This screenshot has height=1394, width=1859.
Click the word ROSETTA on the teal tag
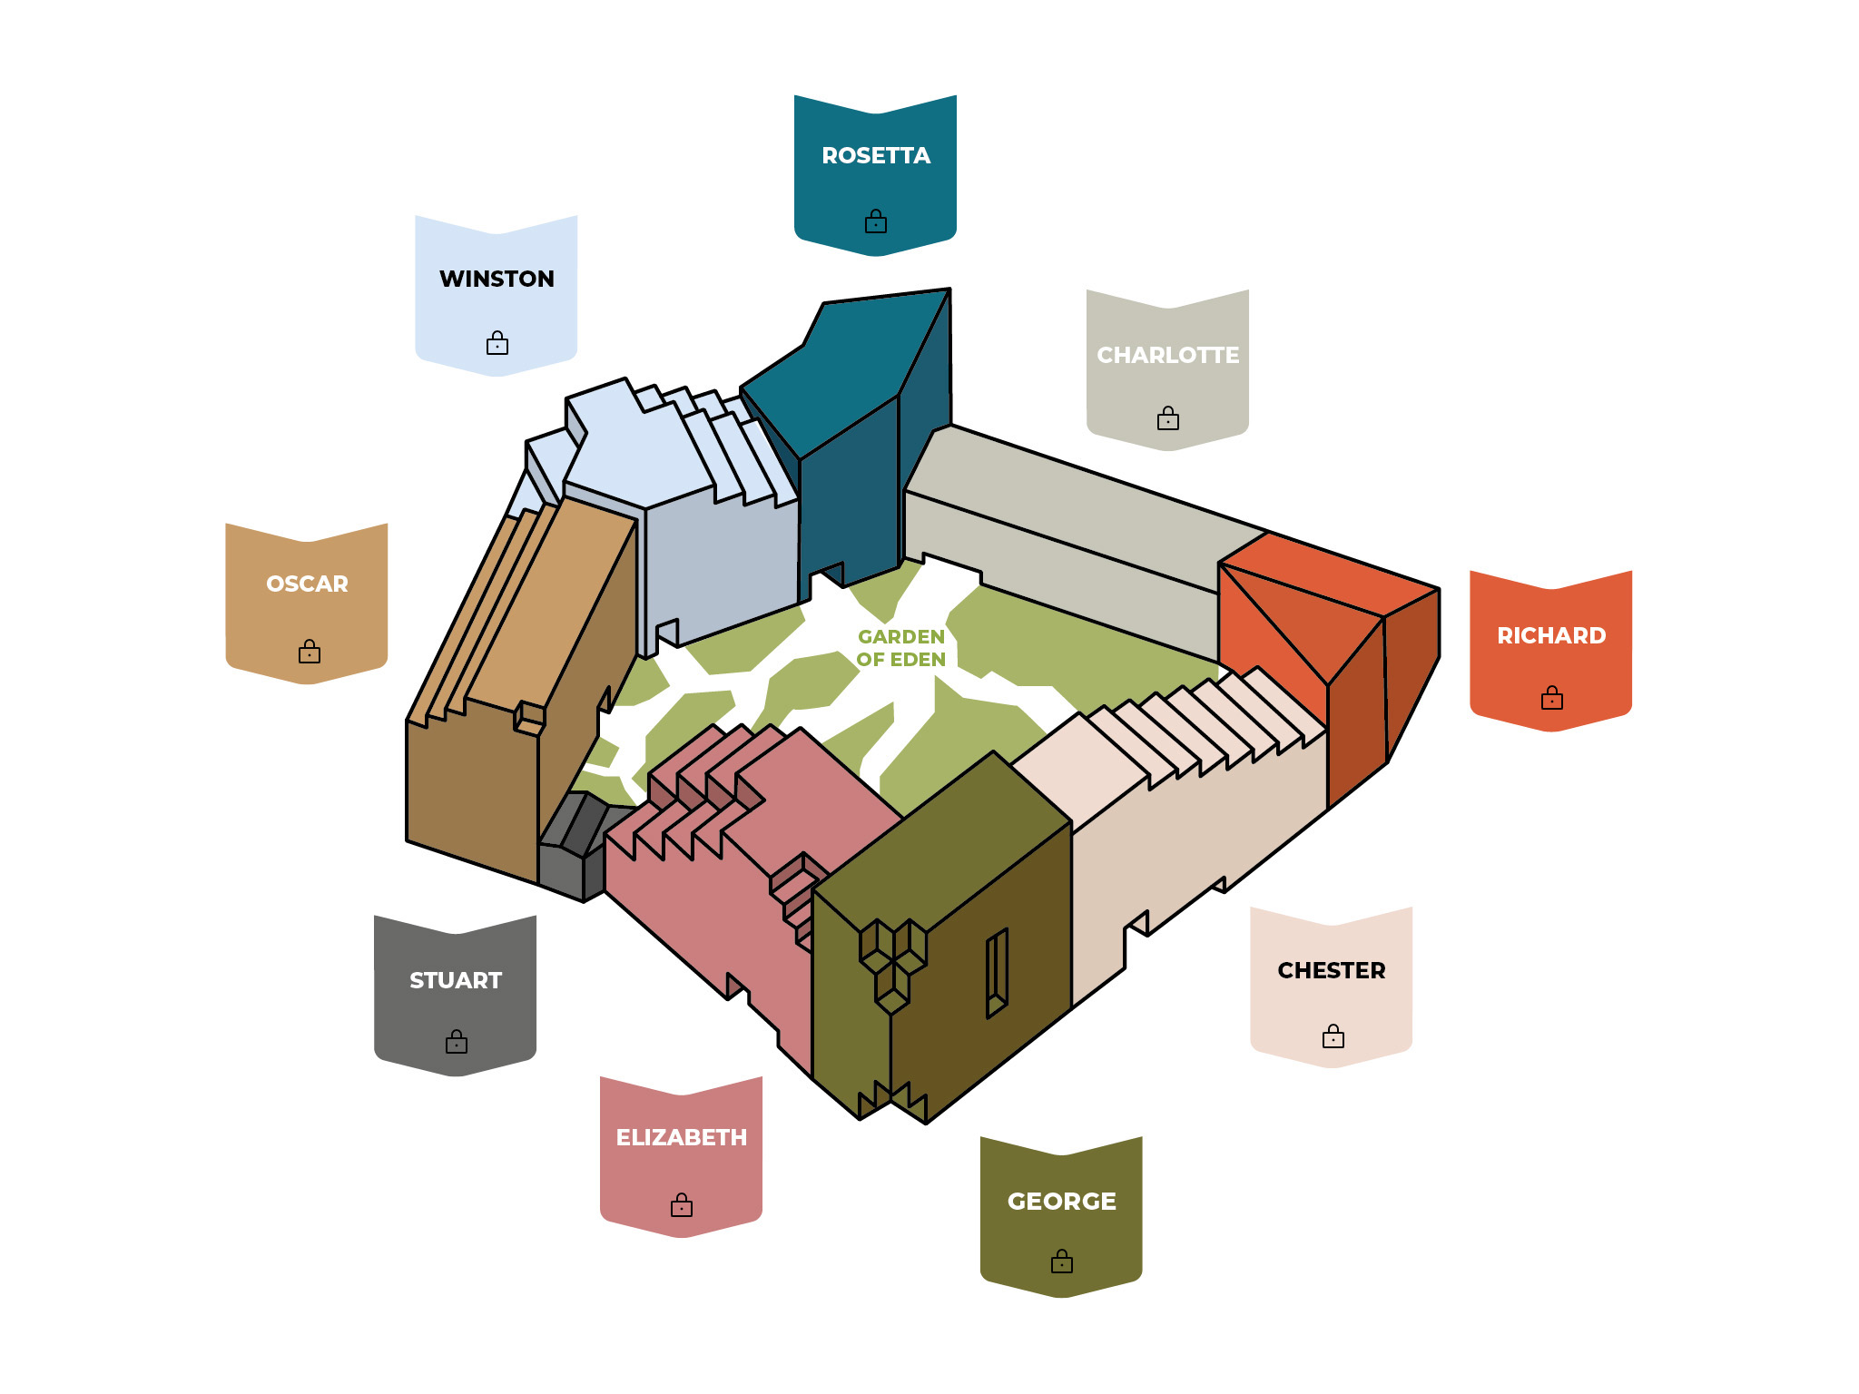pos(876,156)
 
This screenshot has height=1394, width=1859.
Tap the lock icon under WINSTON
pos(497,342)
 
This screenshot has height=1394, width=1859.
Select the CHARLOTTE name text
pos(1168,355)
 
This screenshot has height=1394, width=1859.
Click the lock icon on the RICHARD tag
pos(1552,697)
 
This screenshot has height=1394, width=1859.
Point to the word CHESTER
pos(1332,970)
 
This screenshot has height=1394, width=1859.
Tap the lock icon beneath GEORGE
pos(1062,1261)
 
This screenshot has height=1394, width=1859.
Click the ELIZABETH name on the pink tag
pos(682,1137)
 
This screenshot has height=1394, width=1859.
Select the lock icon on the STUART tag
pos(457,1041)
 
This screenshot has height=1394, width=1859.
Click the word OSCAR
pos(307,584)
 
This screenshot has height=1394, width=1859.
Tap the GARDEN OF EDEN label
pos(901,648)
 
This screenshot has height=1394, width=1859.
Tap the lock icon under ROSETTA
pos(876,221)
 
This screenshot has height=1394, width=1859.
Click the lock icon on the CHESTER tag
pos(1333,1036)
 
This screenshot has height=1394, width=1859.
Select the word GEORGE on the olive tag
pos(1062,1201)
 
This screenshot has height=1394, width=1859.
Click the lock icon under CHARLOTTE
pos(1168,417)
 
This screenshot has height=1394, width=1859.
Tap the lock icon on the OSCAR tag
pos(310,651)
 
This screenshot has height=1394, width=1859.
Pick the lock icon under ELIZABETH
pos(682,1204)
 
